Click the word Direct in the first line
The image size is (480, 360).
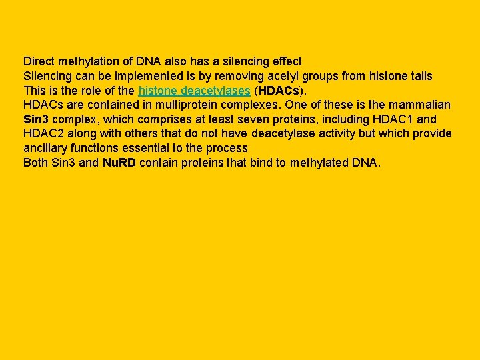coord(38,61)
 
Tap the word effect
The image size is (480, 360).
coord(285,61)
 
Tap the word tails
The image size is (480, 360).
coord(419,76)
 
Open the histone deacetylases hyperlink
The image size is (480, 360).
coord(194,91)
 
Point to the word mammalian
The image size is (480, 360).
coord(417,105)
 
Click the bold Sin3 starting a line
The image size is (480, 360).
coord(36,120)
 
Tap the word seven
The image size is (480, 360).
coord(273,120)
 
